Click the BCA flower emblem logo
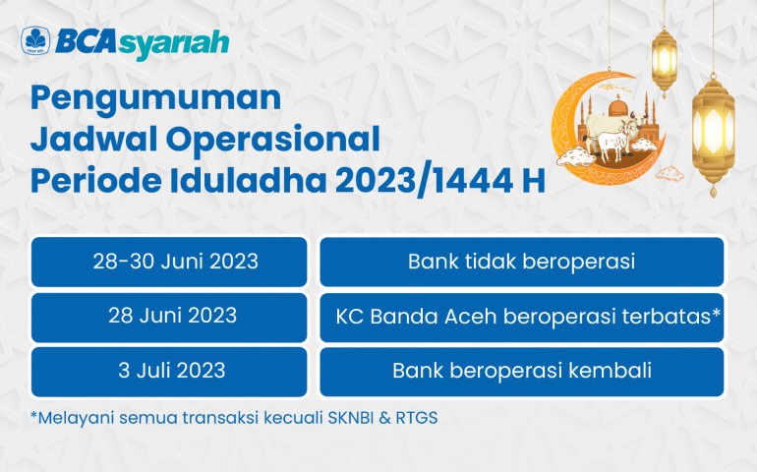coord(35,40)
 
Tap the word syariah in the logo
coord(173,44)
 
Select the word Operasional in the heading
coord(273,139)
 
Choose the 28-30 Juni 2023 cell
coord(169,262)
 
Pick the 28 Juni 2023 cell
coord(169,318)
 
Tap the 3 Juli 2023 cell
coord(169,372)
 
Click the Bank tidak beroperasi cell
coord(521,262)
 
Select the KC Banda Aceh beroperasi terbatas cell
coord(521,318)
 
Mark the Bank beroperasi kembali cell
coord(521,372)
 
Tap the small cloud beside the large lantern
coord(670,173)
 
